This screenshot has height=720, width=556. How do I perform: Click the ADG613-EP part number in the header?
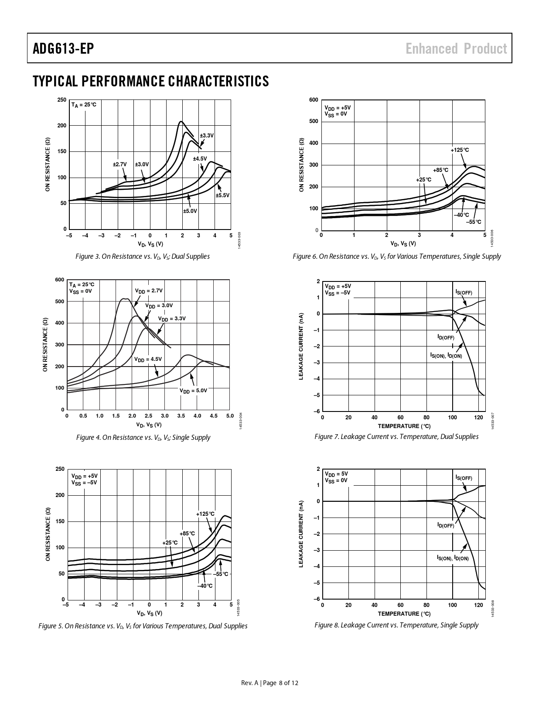coord(63,48)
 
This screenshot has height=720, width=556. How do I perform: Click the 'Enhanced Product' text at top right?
coord(456,48)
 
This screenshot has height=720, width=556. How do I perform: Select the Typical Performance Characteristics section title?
coord(150,81)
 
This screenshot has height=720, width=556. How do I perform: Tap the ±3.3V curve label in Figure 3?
coord(207,136)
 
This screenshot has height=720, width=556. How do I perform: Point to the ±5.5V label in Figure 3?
coord(222,195)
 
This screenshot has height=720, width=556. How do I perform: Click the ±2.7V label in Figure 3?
coord(119,165)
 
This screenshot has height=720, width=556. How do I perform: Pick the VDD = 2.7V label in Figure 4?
coord(149,291)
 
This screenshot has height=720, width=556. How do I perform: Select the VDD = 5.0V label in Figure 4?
coord(193,391)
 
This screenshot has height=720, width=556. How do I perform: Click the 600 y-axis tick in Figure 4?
coord(60,280)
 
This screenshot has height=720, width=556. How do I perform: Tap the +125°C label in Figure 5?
coord(205,514)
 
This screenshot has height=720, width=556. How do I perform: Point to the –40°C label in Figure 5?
coord(205,586)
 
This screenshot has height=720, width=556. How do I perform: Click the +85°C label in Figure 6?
coord(440,170)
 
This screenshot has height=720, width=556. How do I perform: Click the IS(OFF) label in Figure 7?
coord(464,292)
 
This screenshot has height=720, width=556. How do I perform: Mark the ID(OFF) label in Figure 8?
coord(446,525)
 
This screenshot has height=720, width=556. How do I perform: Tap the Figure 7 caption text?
coord(396,437)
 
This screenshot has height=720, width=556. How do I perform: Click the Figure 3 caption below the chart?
coord(143,257)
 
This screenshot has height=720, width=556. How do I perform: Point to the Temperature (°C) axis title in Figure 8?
coord(404,614)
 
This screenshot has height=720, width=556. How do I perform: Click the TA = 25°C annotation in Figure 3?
coord(84,105)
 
